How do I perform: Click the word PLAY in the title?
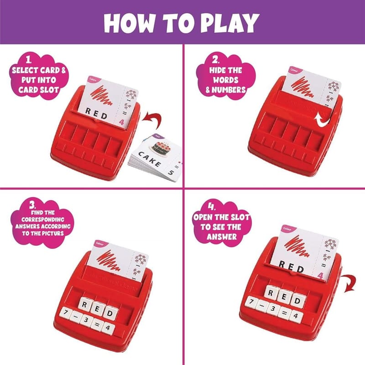[230, 23]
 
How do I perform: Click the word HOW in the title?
[129, 23]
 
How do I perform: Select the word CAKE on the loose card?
[150, 159]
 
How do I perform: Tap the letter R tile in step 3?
[85, 304]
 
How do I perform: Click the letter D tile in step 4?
[298, 301]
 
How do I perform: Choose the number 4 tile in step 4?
[296, 316]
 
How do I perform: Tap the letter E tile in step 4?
[284, 297]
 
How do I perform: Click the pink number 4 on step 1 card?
[121, 122]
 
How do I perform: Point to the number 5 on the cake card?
[171, 172]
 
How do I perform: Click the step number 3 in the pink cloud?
[32, 205]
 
